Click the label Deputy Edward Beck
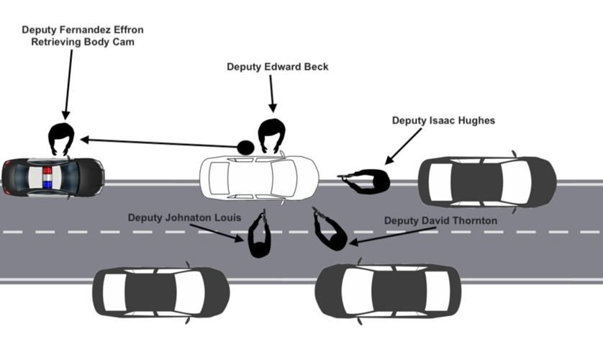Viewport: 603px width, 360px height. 277,67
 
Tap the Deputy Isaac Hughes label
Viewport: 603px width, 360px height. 443,121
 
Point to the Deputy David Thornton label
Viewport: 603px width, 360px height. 440,220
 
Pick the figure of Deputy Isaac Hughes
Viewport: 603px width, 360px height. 367,180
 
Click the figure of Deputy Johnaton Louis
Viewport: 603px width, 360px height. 259,236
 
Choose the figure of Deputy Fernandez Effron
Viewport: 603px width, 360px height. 62,138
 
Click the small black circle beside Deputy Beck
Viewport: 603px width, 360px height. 245,148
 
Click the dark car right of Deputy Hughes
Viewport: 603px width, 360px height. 486,181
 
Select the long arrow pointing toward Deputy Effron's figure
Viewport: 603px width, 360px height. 158,143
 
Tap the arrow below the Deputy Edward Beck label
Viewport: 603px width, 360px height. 272,94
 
